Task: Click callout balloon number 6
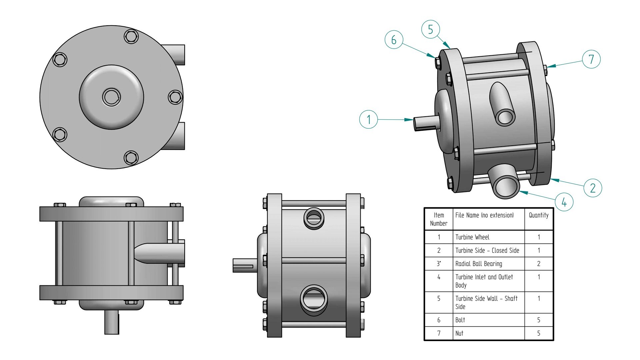pos(394,40)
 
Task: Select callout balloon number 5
pos(430,29)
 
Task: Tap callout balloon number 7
pos(591,59)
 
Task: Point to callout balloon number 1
pos(368,119)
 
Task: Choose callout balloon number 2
pos(593,188)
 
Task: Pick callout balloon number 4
pos(564,202)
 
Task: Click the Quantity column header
pos(538,215)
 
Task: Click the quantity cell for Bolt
pos(538,320)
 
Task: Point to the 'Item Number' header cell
pos(438,219)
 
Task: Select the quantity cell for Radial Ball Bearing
pos(538,264)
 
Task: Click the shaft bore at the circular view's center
pos(111,97)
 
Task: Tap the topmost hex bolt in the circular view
pos(131,36)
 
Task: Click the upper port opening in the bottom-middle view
pos(314,218)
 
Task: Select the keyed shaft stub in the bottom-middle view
pos(244,266)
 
